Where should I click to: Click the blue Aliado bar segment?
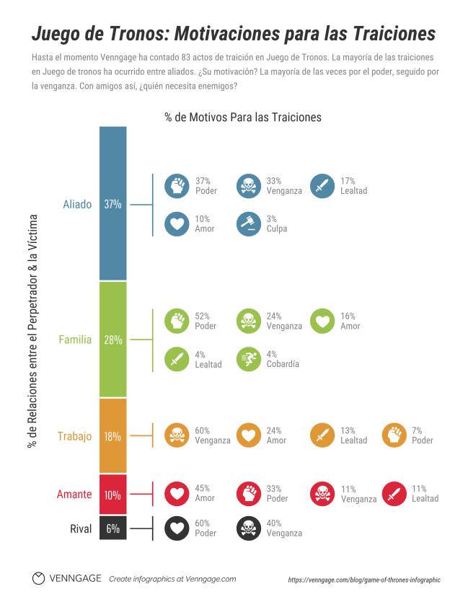(112, 203)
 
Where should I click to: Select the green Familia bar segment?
(112, 339)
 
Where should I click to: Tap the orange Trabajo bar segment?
(112, 435)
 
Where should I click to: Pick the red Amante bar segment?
(112, 495)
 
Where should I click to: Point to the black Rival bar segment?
(112, 528)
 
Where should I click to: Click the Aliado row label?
(77, 204)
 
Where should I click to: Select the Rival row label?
(81, 529)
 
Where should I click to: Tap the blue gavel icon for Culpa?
(249, 223)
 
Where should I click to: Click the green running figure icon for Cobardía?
(249, 359)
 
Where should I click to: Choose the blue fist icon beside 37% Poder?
(176, 186)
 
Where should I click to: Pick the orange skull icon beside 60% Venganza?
(176, 435)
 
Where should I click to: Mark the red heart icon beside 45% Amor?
(176, 494)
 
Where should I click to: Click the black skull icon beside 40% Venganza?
(249, 528)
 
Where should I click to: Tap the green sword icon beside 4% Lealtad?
(176, 359)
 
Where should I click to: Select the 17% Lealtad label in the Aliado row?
(353, 186)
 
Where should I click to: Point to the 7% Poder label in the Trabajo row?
(423, 435)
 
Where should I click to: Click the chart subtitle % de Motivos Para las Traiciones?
(242, 117)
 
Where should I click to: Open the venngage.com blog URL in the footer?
(363, 580)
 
